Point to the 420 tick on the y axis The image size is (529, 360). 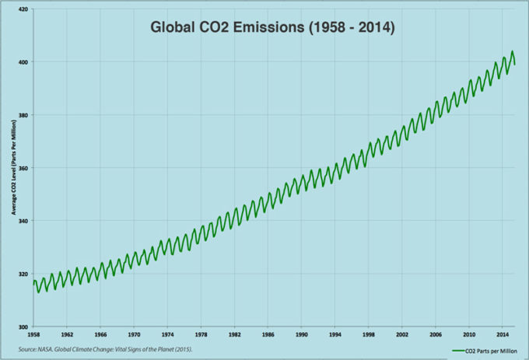pyautogui.click(x=23, y=9)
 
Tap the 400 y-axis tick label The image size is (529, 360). pyautogui.click(x=23, y=62)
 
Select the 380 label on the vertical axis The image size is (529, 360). pyautogui.click(x=23, y=115)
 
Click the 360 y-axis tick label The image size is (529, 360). pyautogui.click(x=23, y=168)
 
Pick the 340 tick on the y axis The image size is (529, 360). pyautogui.click(x=23, y=221)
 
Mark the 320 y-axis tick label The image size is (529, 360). pyautogui.click(x=23, y=274)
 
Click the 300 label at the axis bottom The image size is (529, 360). pyautogui.click(x=23, y=327)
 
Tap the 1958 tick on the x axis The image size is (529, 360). pyautogui.click(x=34, y=335)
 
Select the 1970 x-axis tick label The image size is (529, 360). pyautogui.click(x=134, y=335)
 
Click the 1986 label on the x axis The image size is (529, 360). pyautogui.click(x=268, y=335)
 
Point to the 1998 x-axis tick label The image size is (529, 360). pyautogui.click(x=368, y=335)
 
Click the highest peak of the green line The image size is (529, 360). pyautogui.click(x=512, y=52)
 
